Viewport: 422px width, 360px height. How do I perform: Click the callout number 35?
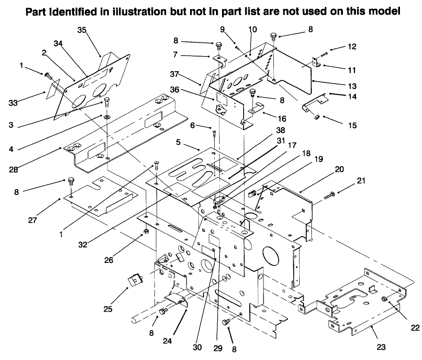tap(82, 30)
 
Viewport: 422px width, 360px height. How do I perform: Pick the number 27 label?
tap(33, 220)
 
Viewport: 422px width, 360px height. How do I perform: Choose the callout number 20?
tap(339, 170)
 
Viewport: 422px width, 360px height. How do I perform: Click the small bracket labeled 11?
tap(316, 63)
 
